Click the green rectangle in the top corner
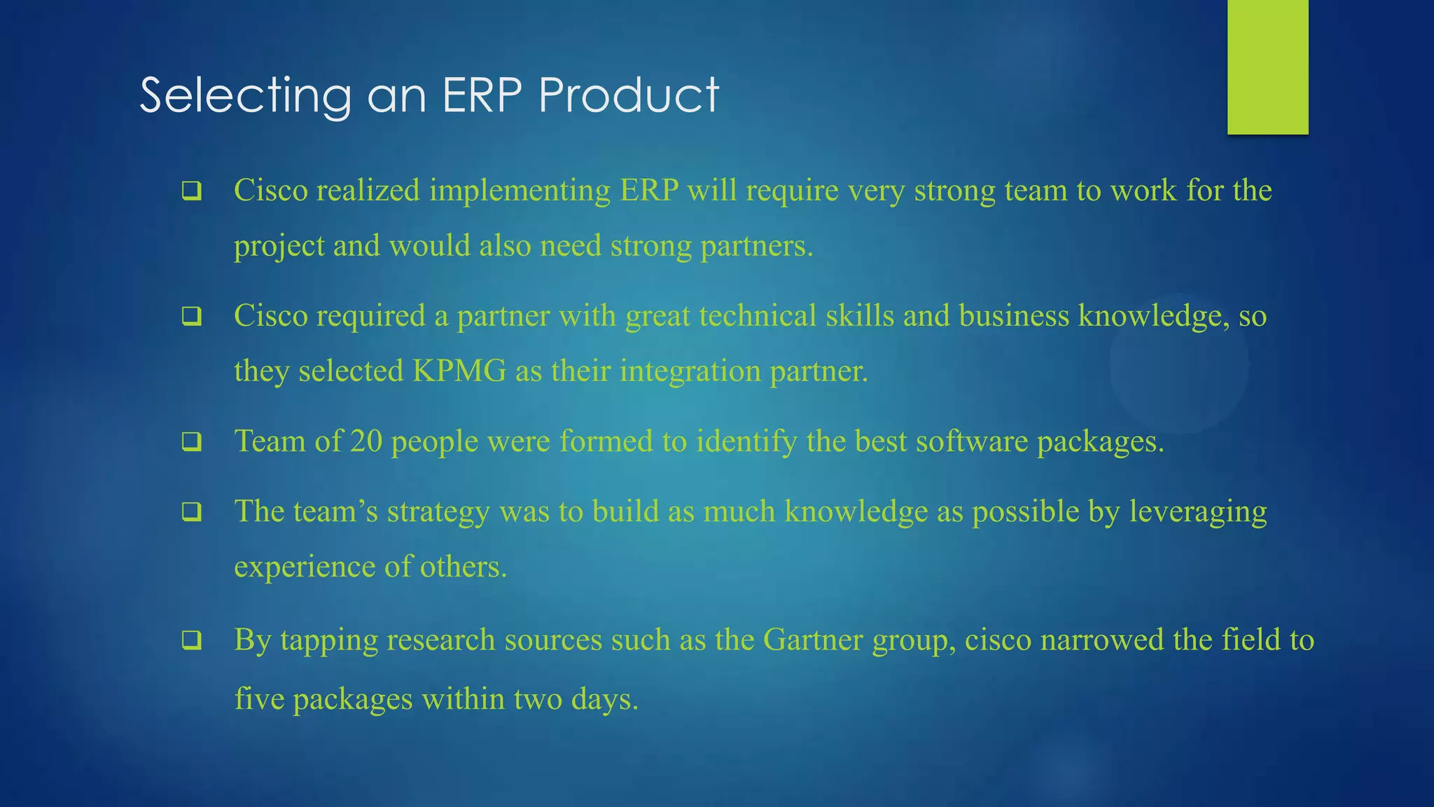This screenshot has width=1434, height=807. (1267, 67)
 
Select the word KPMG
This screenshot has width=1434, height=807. (459, 371)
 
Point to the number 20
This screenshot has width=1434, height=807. (366, 441)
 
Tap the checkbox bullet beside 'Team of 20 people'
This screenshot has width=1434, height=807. (192, 442)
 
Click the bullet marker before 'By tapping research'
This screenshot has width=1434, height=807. (192, 640)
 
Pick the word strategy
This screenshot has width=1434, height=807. (438, 512)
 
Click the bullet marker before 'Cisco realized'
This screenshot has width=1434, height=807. (192, 191)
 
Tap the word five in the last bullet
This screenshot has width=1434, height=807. (258, 699)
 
